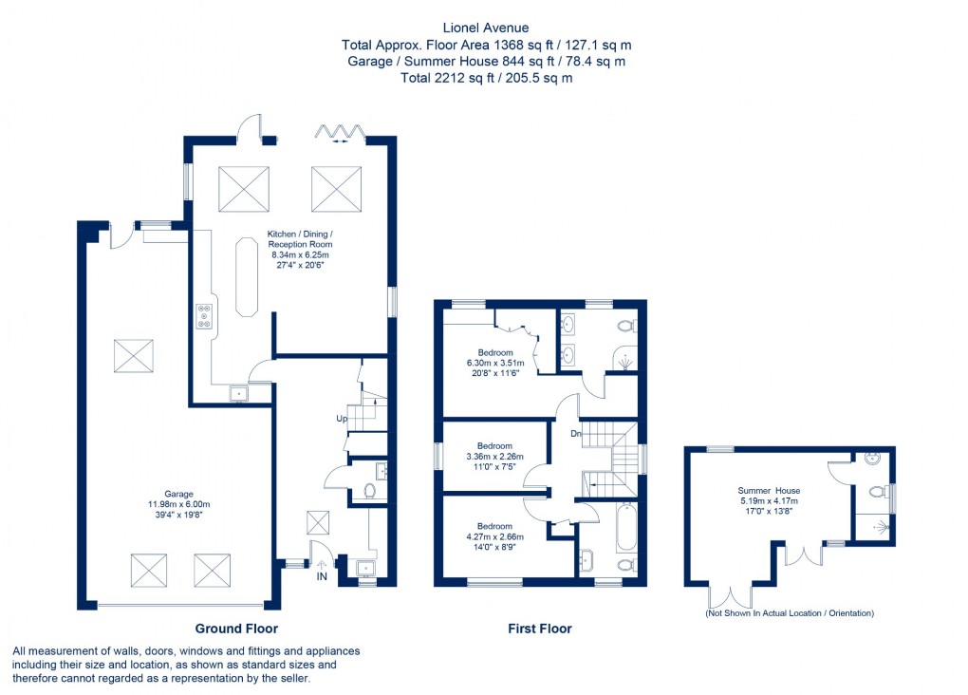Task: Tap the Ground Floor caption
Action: click(236, 629)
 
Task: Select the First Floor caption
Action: click(540, 629)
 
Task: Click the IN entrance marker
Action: click(321, 576)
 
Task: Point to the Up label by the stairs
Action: click(342, 419)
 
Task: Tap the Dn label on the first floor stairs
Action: click(576, 434)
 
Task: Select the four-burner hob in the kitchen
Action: click(204, 316)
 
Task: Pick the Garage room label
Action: click(178, 494)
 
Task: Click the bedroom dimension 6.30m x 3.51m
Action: click(494, 363)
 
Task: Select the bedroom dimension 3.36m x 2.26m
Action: click(494, 457)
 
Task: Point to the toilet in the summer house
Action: click(878, 493)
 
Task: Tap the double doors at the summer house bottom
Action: click(732, 595)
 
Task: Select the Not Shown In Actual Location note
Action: click(789, 613)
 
